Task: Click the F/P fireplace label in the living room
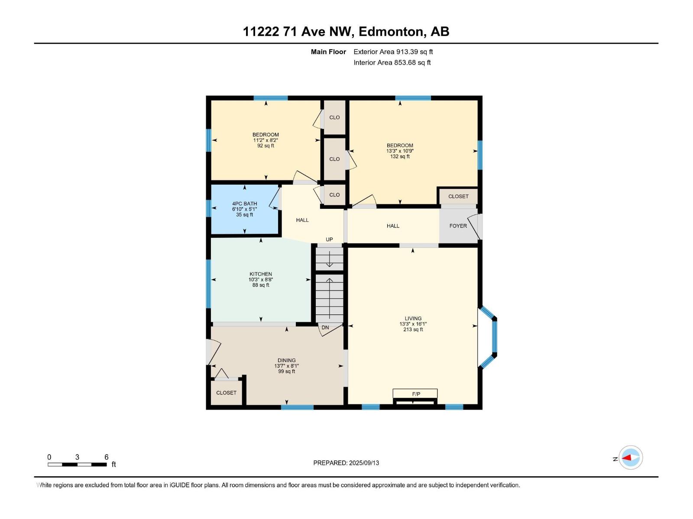416,394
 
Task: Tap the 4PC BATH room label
244,204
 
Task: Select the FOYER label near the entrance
458,226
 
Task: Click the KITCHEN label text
260,274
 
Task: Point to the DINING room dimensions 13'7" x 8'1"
286,366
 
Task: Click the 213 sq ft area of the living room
413,330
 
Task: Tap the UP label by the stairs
329,240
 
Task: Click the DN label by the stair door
325,328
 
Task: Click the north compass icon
630,458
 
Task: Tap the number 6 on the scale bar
106,457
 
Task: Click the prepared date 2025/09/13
364,463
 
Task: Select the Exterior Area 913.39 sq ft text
393,52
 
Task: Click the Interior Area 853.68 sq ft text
392,63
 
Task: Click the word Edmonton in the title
391,32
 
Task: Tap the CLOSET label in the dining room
226,393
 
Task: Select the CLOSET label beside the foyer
458,196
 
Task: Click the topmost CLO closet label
334,118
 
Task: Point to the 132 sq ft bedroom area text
400,157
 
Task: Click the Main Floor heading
328,52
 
